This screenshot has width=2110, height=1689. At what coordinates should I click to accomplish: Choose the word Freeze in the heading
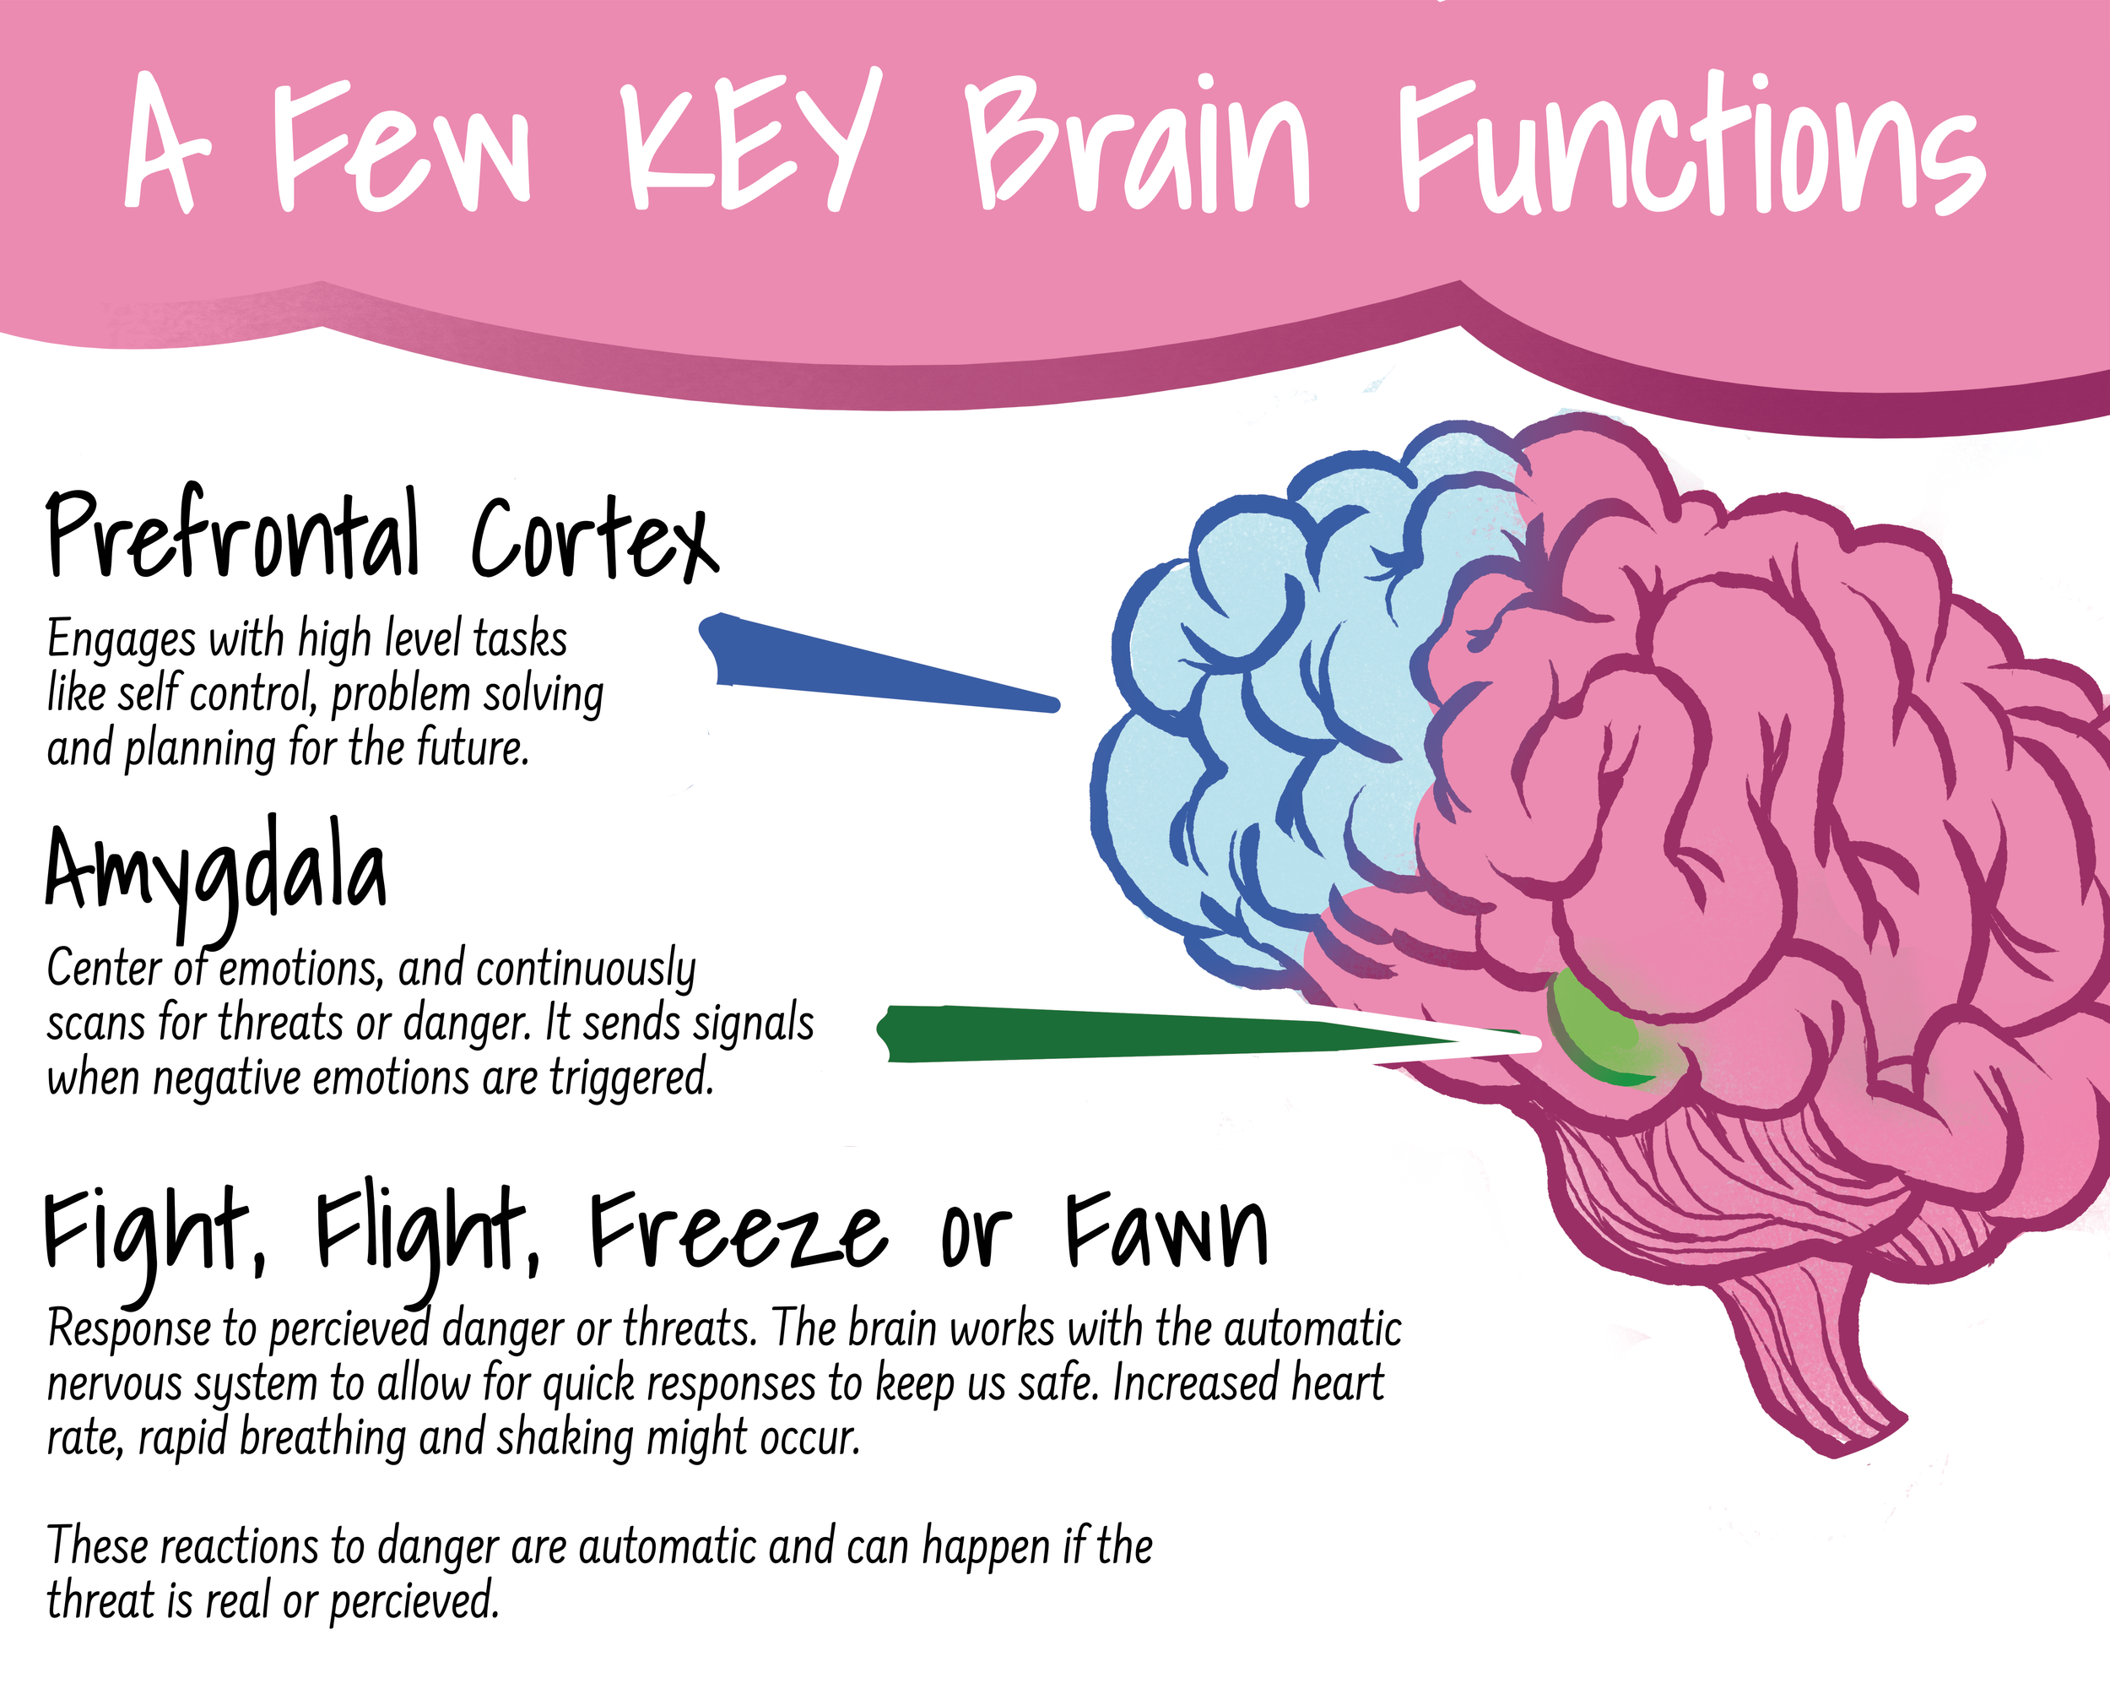[738, 1232]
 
